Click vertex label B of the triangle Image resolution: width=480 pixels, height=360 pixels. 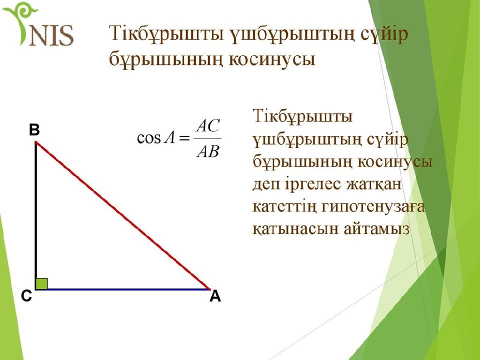34,130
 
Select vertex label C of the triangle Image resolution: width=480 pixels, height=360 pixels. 26,296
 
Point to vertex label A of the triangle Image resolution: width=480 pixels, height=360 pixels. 215,296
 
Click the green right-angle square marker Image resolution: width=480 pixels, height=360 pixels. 41,284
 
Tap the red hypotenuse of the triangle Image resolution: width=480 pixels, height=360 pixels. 123,215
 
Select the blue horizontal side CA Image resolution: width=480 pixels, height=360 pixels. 123,289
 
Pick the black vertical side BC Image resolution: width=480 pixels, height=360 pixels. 36,215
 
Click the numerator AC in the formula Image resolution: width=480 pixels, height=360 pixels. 208,125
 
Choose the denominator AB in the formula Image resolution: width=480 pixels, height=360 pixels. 208,151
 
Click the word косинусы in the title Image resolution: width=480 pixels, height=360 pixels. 272,59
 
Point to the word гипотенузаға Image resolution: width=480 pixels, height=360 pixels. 373,207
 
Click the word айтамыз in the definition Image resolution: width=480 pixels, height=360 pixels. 376,228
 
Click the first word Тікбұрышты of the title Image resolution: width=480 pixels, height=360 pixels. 166,33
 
